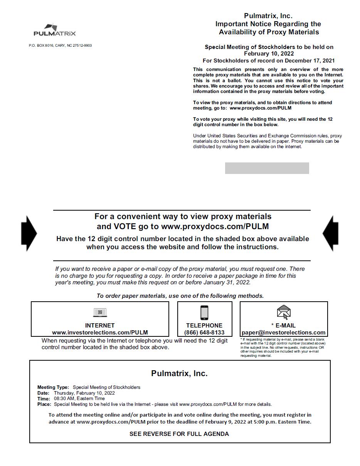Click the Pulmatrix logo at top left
tap(54, 30)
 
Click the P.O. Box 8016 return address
tap(60, 46)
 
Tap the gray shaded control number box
tap(267, 168)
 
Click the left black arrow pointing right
tap(29, 233)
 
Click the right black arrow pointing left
tap(330, 233)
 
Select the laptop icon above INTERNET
tap(100, 312)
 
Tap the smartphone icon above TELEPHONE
tap(204, 312)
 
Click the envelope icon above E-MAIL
tap(284, 312)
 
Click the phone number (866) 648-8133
tap(204, 333)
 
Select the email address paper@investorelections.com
tap(283, 333)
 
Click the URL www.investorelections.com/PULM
tap(100, 333)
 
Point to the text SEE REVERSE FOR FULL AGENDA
tap(179, 434)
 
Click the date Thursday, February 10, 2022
tap(84, 393)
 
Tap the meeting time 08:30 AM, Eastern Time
tap(79, 398)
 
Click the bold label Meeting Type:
tap(53, 387)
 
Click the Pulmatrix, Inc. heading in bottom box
tap(179, 373)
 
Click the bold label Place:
tap(44, 404)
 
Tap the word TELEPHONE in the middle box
tap(204, 326)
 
